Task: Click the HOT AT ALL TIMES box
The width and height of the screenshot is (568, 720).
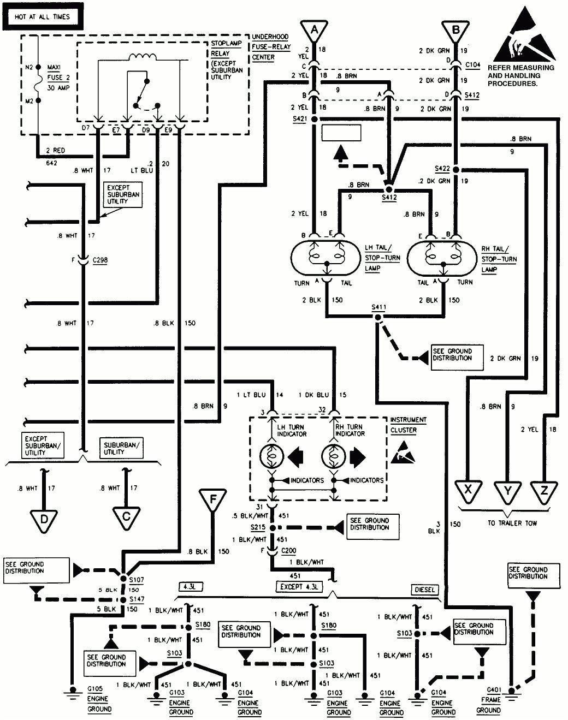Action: click(x=42, y=17)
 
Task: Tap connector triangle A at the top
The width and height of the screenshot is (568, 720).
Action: click(x=314, y=30)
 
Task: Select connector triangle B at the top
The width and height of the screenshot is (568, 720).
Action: click(x=455, y=30)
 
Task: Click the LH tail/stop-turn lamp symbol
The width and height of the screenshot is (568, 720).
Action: click(x=327, y=258)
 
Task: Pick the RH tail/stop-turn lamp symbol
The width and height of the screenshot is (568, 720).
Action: click(x=442, y=258)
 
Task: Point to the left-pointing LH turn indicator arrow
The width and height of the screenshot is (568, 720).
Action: click(x=295, y=456)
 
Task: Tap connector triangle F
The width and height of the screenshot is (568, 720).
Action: click(x=214, y=500)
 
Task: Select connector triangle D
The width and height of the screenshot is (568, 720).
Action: click(x=44, y=519)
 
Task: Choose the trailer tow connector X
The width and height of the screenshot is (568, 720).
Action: click(x=468, y=490)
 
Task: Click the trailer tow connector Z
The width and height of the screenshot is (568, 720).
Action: click(x=544, y=490)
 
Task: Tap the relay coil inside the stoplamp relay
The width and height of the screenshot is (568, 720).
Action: click(x=142, y=57)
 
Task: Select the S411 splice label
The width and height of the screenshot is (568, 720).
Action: click(x=378, y=307)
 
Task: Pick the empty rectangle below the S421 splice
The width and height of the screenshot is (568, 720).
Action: click(x=341, y=133)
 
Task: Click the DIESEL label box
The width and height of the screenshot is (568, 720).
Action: click(x=425, y=590)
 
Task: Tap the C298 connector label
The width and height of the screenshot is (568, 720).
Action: click(x=100, y=260)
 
